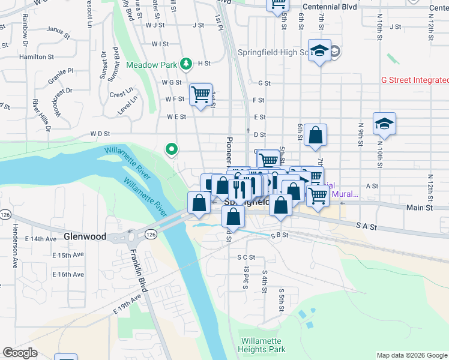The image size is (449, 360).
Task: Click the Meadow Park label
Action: tap(152, 64)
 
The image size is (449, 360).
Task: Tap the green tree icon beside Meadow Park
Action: tap(187, 64)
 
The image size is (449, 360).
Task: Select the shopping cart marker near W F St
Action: tap(201, 95)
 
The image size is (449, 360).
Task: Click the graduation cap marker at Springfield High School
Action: tap(320, 52)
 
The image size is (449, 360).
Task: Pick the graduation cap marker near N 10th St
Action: tap(384, 124)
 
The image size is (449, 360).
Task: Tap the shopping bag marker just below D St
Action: tap(315, 136)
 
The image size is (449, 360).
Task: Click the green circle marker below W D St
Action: tap(172, 148)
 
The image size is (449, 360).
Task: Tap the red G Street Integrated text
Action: tap(415, 80)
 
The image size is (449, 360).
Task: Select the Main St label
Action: tap(420, 208)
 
